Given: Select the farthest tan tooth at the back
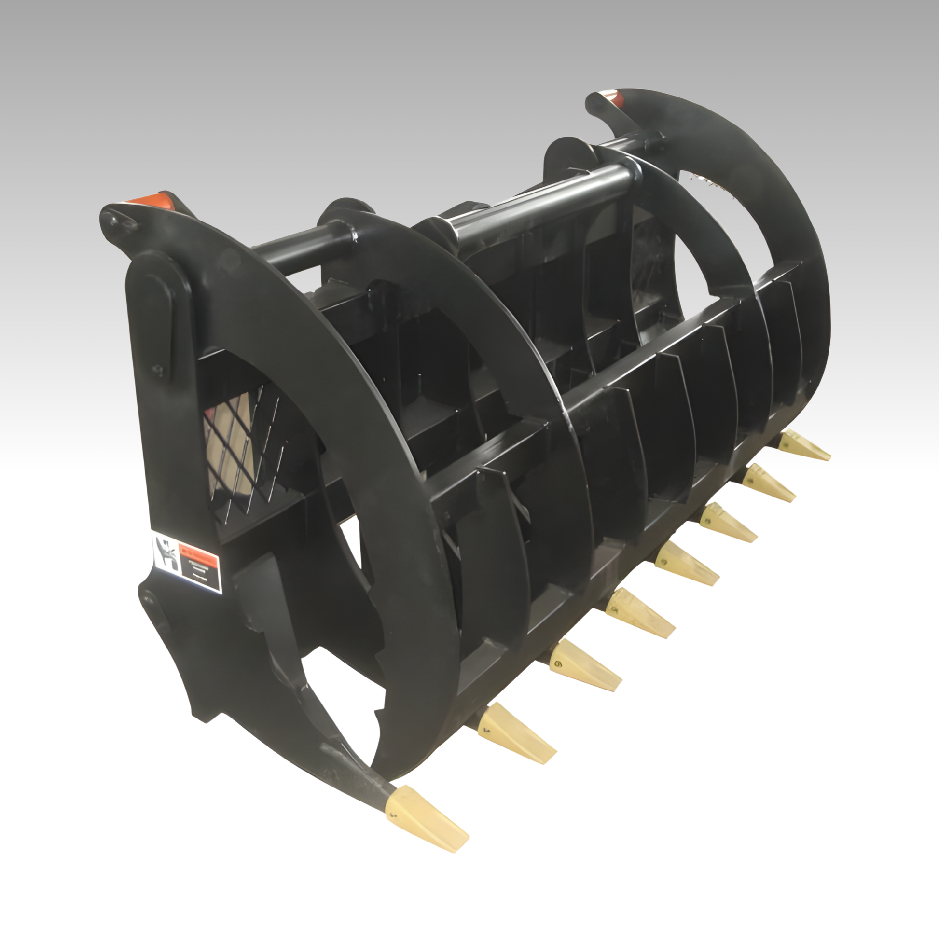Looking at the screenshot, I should pos(804,448).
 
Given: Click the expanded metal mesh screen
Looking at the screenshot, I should pos(243,447).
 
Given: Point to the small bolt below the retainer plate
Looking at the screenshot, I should pos(157,371).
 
